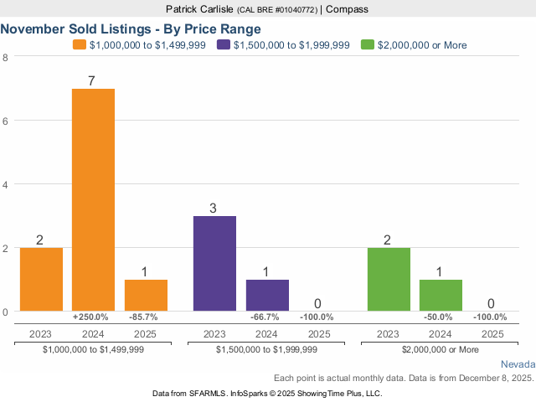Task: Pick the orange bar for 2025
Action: (146, 295)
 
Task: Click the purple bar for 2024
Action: (267, 295)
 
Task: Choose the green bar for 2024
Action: (441, 295)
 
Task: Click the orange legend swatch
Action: (80, 44)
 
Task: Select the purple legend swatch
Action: (224, 44)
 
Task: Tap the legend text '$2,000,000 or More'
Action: (423, 45)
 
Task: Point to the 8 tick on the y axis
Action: (6, 57)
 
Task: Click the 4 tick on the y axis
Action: (6, 184)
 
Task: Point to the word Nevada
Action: (518, 365)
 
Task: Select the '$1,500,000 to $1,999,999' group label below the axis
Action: (266, 349)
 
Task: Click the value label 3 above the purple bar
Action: (214, 209)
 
